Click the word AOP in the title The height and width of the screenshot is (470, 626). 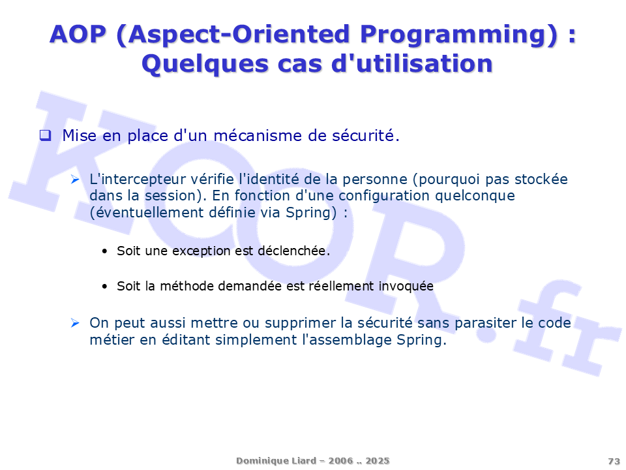78,34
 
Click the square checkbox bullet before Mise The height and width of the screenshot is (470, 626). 46,136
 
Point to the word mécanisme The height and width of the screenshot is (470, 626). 258,136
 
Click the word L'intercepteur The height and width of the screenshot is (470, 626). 138,180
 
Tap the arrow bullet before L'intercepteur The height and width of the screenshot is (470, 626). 75,180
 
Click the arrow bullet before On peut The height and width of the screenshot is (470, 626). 75,322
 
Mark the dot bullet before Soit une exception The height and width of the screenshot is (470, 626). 104,251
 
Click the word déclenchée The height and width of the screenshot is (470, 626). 294,251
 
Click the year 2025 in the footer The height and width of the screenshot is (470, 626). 378,461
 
